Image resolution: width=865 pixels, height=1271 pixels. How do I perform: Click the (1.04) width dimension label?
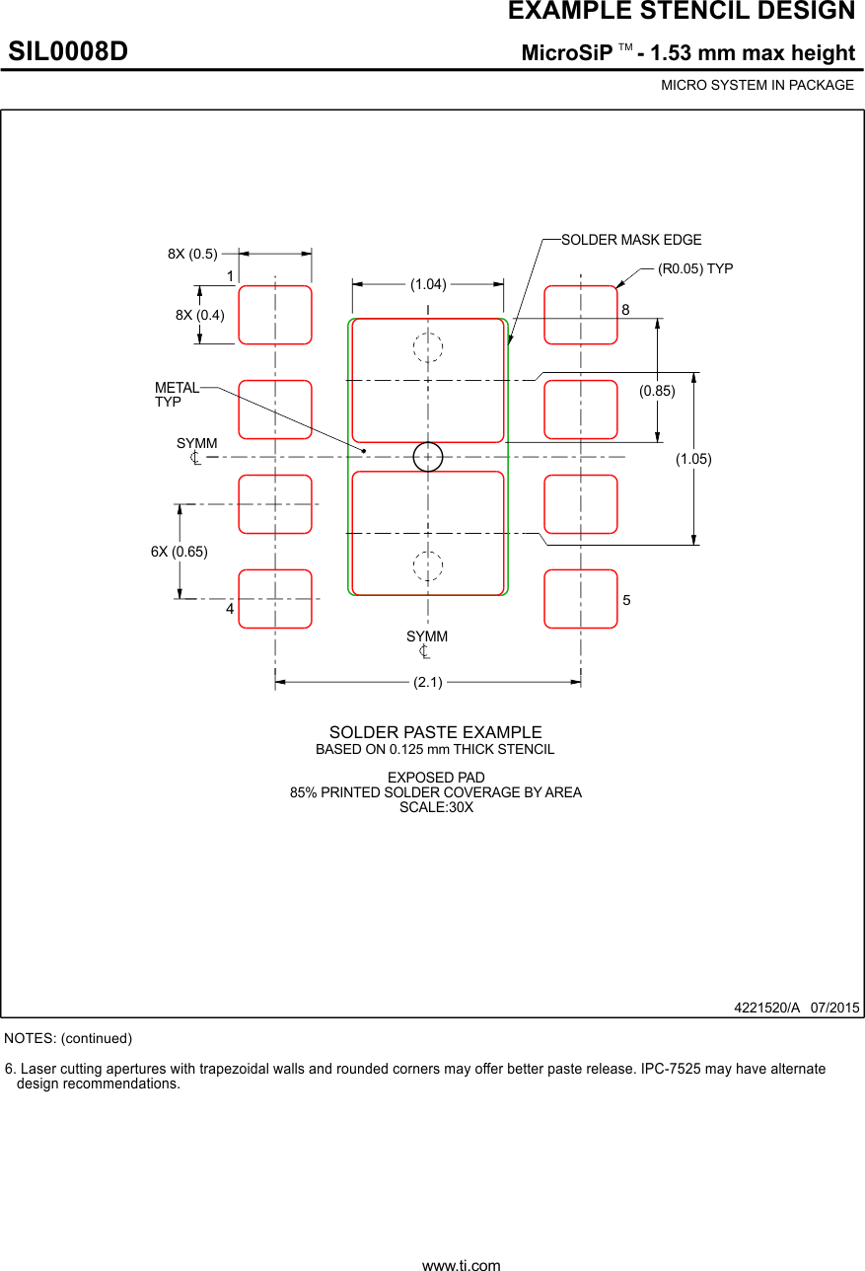[x=428, y=284]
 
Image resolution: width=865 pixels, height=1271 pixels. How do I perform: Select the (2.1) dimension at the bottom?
[x=428, y=682]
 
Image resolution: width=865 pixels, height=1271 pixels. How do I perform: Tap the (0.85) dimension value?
[x=657, y=391]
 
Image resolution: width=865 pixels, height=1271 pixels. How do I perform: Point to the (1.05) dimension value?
[x=693, y=459]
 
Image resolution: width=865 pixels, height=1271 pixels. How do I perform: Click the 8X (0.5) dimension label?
[x=192, y=254]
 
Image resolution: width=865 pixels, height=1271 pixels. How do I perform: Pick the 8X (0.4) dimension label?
[x=200, y=315]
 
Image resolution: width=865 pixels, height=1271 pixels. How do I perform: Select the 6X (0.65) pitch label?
[x=180, y=552]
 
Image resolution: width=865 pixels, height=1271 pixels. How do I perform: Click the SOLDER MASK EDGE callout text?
[x=631, y=240]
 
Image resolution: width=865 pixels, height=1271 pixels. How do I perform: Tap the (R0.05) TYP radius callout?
[x=695, y=268]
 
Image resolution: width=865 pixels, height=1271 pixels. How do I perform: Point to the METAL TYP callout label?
[x=177, y=395]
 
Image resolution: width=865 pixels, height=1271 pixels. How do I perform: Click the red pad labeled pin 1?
[x=275, y=315]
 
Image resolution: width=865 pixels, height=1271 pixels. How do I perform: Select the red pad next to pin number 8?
[x=581, y=315]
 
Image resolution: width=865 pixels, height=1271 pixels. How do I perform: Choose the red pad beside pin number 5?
[x=581, y=599]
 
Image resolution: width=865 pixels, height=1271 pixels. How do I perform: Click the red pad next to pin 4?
[x=275, y=599]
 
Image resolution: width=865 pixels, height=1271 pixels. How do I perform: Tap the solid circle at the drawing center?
[x=428, y=457]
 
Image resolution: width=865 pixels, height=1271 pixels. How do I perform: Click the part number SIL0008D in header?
[x=69, y=52]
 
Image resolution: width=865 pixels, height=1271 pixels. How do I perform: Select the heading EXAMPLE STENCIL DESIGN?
[x=681, y=12]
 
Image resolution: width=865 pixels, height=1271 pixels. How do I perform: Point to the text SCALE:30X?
[x=436, y=807]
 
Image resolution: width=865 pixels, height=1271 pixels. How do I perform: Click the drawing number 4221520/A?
[x=766, y=1008]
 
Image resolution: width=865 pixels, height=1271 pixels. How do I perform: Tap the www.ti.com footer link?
[x=461, y=1264]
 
